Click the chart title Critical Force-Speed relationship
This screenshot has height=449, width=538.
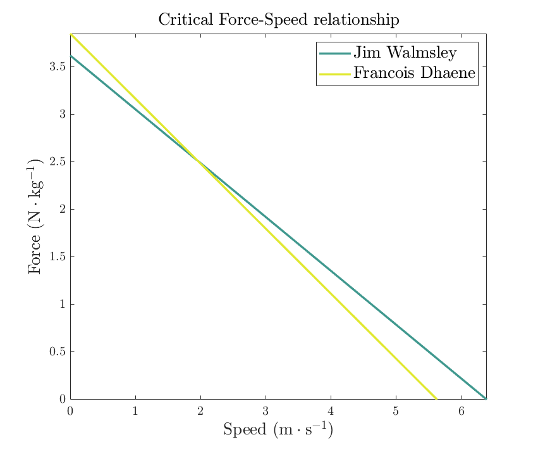(278, 20)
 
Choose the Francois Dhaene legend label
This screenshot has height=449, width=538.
(413, 73)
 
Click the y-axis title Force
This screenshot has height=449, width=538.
(35, 217)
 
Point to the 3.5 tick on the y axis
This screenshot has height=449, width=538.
(57, 66)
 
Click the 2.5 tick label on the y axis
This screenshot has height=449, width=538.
(57, 161)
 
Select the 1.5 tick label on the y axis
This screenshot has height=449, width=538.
(57, 256)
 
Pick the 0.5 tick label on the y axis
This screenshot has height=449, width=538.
(57, 351)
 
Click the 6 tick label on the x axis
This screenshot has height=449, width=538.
(461, 410)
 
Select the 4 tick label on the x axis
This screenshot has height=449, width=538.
(331, 410)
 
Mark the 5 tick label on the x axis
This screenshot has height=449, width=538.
(396, 410)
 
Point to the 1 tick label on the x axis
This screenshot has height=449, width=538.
(135, 410)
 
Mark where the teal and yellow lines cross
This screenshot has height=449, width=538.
(200, 161)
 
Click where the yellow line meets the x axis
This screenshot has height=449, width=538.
(436, 398)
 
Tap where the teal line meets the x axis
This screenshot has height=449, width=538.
(485, 398)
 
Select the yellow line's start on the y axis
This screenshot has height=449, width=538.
(70, 34)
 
